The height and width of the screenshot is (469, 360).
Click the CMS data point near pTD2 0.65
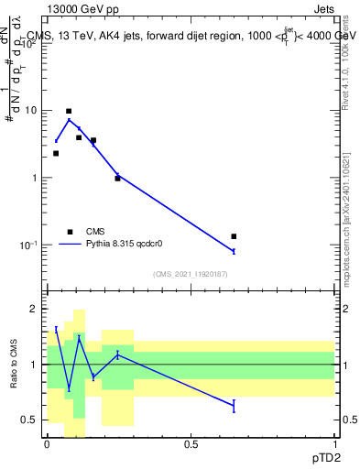(x=234, y=236)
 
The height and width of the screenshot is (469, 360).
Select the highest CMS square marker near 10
(x=69, y=111)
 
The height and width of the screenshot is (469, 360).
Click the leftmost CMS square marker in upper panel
(x=56, y=153)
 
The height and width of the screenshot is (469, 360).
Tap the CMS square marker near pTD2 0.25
(x=117, y=178)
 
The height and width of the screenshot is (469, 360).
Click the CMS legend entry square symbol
(x=70, y=232)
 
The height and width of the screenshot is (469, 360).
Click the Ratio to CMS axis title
(x=15, y=365)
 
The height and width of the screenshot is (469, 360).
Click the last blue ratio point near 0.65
(x=234, y=405)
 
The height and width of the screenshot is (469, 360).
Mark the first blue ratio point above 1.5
(x=56, y=329)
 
